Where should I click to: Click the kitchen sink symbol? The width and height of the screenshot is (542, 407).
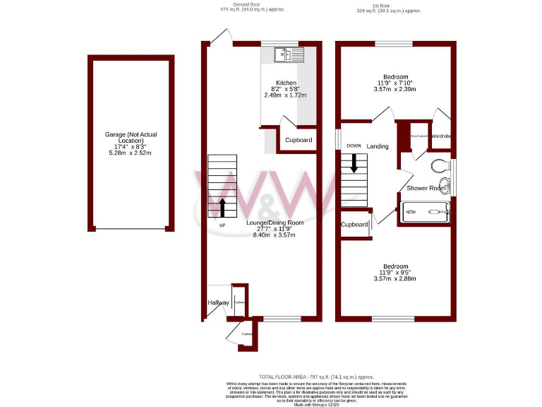point(289,53)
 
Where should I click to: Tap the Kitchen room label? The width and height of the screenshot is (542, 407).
point(287,83)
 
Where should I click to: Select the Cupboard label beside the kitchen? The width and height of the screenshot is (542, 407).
point(299,140)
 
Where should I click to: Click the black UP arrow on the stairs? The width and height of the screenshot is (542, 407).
point(223,208)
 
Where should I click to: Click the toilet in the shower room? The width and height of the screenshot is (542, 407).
point(439,166)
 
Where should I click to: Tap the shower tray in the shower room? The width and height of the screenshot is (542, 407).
point(425,211)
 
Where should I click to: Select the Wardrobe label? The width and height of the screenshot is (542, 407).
point(441,135)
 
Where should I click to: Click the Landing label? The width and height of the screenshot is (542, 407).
point(378,146)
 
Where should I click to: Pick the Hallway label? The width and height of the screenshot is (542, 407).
point(217,302)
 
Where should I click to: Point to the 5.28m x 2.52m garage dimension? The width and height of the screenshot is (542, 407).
point(131,153)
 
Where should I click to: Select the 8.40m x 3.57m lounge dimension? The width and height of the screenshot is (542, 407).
point(275,235)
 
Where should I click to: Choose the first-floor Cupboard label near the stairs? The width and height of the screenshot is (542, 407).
point(354,225)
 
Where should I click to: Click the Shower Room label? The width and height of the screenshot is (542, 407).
point(426,188)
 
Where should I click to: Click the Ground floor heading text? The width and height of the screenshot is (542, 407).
point(236,5)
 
